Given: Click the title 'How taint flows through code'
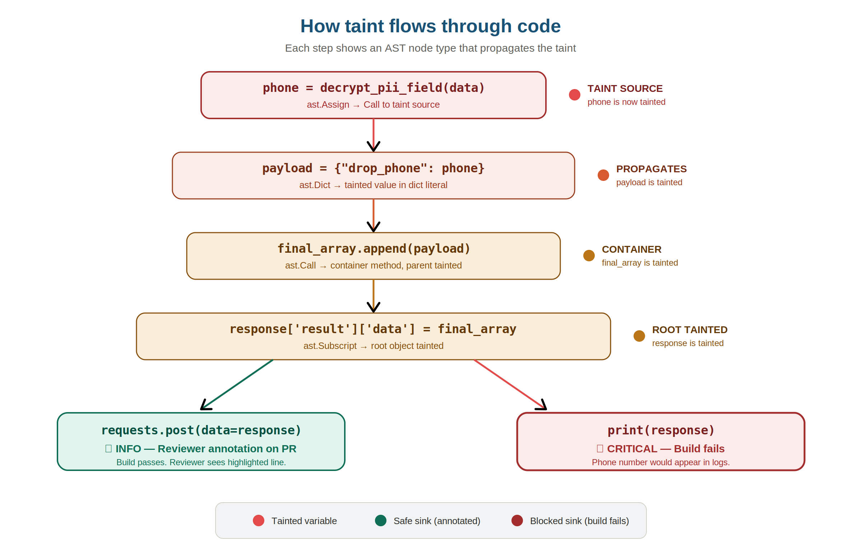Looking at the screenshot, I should pos(430,26).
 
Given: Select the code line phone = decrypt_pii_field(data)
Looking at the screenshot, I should pos(374,88).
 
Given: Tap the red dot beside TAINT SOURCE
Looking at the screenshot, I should pos(574,95).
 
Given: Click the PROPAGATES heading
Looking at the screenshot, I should pos(651,169).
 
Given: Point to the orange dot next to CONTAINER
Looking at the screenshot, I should pos(589,256).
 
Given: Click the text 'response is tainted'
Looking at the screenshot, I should pos(687,343).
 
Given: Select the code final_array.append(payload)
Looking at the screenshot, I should pos(374,248).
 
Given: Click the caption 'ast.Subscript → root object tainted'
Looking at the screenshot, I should pos(374,346).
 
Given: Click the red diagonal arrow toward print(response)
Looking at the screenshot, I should pos(509,384).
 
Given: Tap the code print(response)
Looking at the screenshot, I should pos(661,430).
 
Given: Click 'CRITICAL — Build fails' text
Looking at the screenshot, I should pos(665,448).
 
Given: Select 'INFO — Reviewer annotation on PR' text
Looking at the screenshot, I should pos(205,448).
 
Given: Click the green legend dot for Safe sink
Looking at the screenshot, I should pos(381,521).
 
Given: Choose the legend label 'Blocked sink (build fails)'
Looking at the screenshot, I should pos(579,521).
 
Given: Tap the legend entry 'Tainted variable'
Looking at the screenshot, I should pos(304,521).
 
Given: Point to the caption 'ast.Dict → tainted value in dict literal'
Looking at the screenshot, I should pos(374,185).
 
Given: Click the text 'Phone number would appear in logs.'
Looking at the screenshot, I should pos(661,462).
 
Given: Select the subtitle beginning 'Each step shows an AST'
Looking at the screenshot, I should pos(430,48).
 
